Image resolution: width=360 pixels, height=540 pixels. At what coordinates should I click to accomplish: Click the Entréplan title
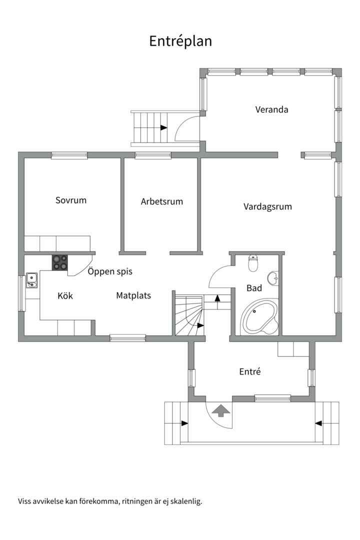click(180, 41)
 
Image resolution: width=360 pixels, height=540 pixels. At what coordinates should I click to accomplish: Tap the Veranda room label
click(271, 109)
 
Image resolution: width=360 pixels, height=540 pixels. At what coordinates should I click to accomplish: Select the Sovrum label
click(71, 200)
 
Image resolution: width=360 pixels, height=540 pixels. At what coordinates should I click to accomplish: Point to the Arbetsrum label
click(161, 201)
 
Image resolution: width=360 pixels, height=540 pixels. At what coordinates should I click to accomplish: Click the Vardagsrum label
click(267, 206)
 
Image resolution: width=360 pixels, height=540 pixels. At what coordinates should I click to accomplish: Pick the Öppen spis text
click(110, 271)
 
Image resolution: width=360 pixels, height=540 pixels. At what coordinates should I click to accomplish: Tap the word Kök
click(65, 296)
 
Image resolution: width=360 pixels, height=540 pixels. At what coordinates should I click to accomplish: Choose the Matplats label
click(133, 295)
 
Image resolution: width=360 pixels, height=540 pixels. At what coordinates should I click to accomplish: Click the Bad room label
click(254, 288)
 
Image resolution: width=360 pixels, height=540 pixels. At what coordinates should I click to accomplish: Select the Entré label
click(250, 371)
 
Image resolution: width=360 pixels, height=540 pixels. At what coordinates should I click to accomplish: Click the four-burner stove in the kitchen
click(60, 263)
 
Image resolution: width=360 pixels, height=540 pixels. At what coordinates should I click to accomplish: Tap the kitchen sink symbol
click(32, 280)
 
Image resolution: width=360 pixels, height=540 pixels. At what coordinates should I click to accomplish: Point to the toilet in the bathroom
click(253, 263)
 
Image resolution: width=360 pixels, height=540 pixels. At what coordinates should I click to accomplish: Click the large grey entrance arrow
click(220, 410)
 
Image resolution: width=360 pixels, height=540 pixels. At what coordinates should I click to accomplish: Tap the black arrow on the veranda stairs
click(164, 128)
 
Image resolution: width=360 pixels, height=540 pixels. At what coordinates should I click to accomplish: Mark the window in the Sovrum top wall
click(69, 155)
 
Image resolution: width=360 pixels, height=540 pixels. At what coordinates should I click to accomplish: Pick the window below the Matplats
click(128, 338)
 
